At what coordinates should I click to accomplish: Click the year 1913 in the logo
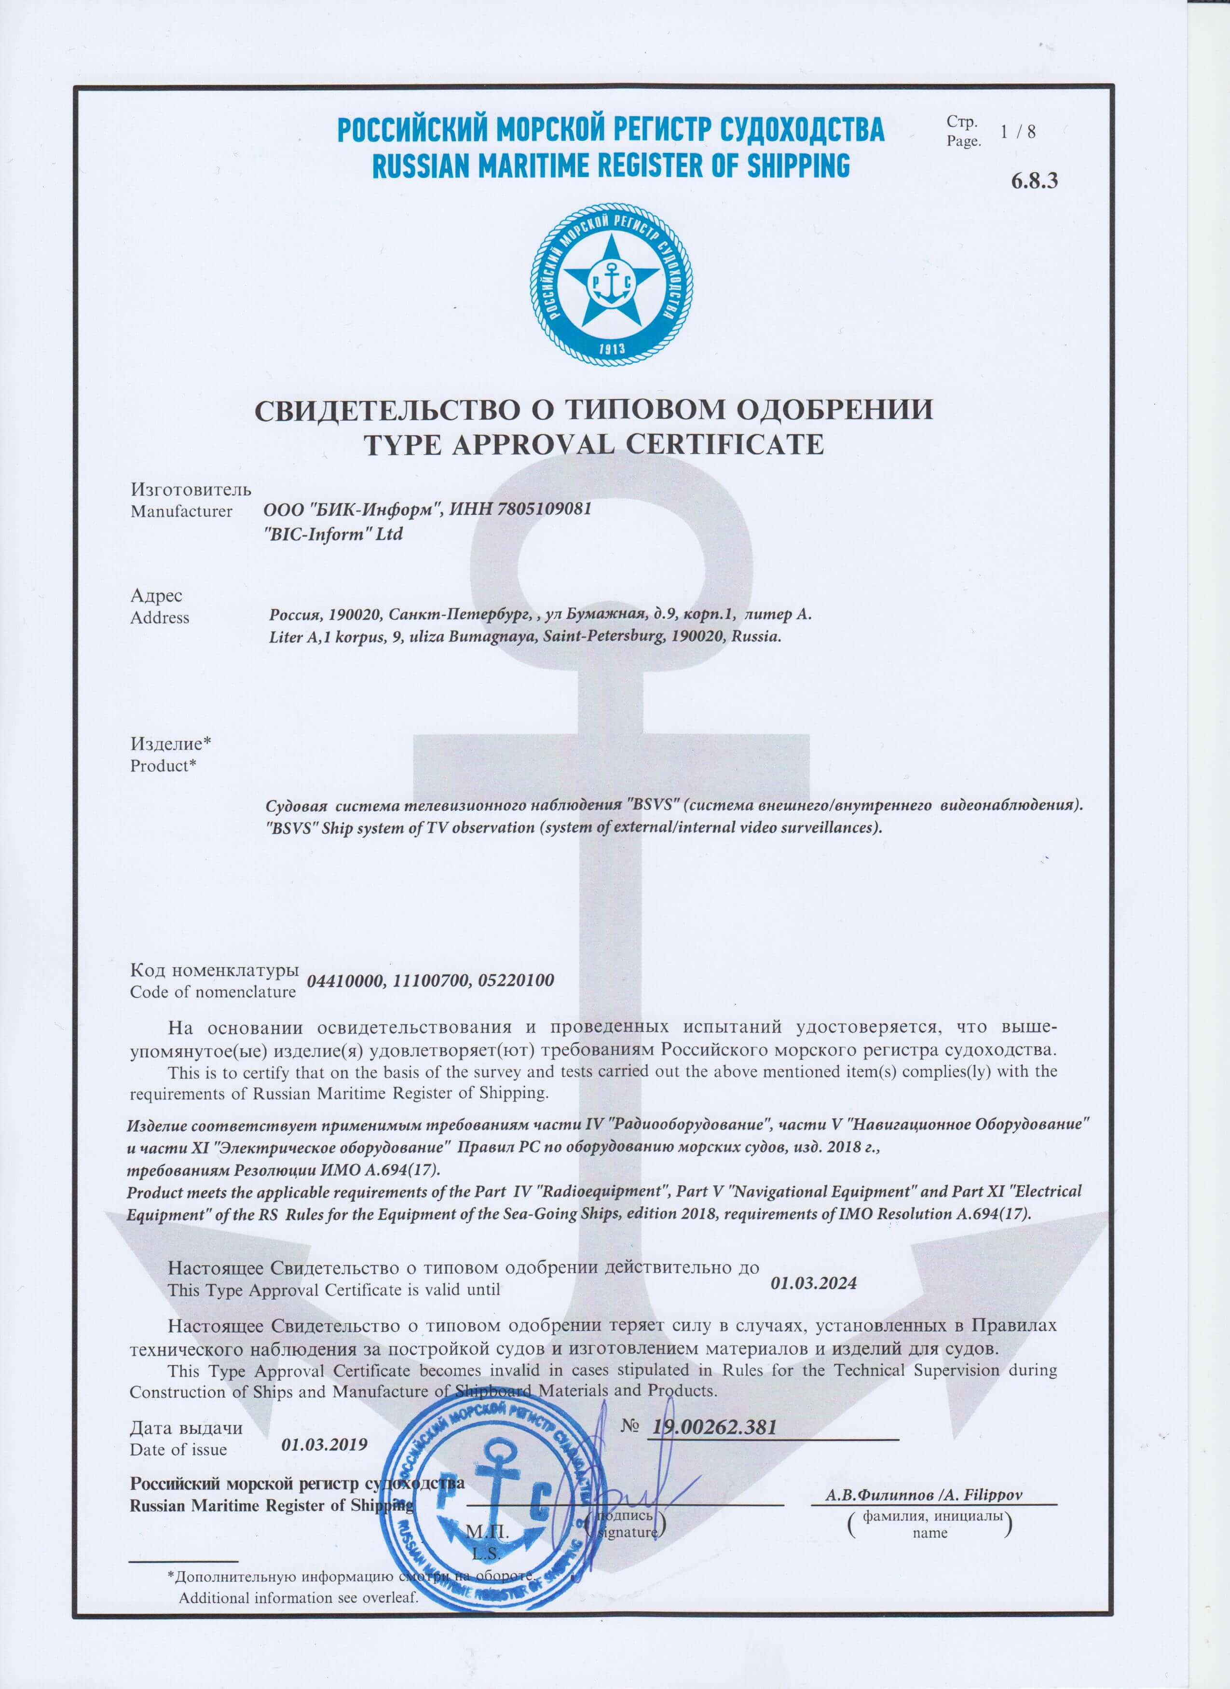611,348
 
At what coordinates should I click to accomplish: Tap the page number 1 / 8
1018,132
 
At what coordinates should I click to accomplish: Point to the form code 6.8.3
1034,180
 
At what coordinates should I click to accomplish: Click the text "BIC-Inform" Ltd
334,534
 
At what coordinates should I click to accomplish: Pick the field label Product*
163,766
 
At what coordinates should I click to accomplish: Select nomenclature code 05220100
516,981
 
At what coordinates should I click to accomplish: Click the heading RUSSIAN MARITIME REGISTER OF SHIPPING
611,165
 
